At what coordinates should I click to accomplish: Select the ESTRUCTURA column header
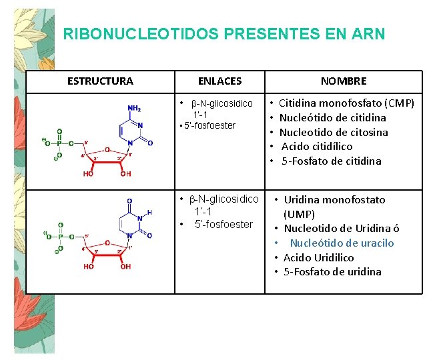tap(100, 81)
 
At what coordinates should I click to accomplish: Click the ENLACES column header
tap(220, 81)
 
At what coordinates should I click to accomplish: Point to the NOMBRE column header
tap(344, 81)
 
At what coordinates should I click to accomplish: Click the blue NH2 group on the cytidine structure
tap(134, 109)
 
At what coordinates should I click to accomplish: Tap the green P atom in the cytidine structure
tap(60, 143)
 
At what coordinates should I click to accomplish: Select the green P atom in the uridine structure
tap(60, 236)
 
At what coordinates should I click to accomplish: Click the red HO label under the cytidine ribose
tap(89, 174)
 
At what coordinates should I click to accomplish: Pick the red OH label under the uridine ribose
tap(125, 267)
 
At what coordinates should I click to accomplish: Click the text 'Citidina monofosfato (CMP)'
tap(346, 103)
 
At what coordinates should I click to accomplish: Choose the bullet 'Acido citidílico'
tap(317, 146)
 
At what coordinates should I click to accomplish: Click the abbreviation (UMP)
tap(299, 214)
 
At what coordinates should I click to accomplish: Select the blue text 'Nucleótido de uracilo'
tap(342, 243)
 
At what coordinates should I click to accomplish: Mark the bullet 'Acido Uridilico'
tap(318, 257)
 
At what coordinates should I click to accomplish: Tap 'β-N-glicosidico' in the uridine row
tap(224, 199)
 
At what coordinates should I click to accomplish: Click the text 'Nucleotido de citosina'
tap(333, 132)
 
